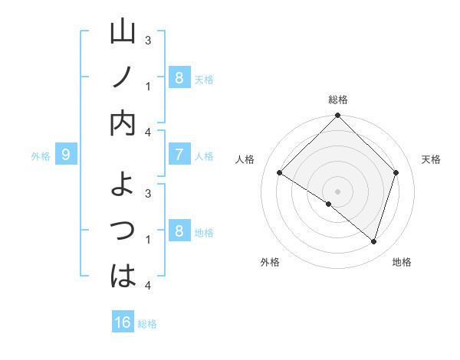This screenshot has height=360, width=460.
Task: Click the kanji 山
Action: tap(123, 34)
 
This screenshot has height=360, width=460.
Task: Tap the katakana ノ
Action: tap(123, 78)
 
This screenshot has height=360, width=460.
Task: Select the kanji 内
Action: tap(123, 124)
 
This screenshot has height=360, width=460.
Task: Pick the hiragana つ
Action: tap(123, 229)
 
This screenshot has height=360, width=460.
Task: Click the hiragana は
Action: tap(123, 275)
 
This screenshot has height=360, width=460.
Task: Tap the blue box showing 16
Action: tap(123, 322)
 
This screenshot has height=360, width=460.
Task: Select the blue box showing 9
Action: tap(66, 155)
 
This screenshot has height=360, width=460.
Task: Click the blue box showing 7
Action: tap(179, 155)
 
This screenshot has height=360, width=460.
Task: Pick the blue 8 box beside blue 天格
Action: tap(179, 77)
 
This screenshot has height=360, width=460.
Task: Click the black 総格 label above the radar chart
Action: tap(338, 100)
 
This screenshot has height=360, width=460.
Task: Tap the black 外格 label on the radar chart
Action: tap(270, 262)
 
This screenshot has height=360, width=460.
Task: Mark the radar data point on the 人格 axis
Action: tap(280, 173)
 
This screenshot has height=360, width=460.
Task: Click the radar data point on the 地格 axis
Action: tap(374, 242)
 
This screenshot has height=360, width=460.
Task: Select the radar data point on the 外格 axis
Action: tap(329, 204)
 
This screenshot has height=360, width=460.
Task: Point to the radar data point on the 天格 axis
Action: tap(396, 173)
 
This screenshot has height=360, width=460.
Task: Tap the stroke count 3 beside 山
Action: tap(148, 39)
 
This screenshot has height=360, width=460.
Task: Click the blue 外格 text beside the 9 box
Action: tap(41, 156)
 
